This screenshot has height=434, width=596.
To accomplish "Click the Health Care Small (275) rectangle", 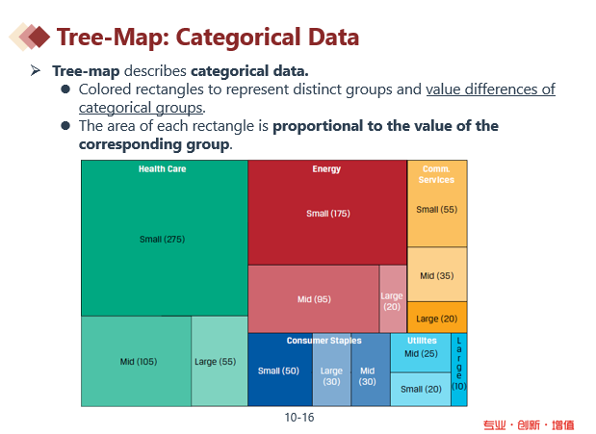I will [x=164, y=239].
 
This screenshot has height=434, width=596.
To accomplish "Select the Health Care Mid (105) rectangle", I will [x=137, y=362].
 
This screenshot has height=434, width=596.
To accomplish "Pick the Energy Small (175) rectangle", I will [x=327, y=214].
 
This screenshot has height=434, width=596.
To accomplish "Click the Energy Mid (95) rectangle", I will [x=314, y=299].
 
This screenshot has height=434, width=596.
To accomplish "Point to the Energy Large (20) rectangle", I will [x=393, y=300].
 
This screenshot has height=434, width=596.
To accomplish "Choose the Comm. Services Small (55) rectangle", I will [x=437, y=210].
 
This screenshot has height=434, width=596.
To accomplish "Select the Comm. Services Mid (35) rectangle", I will [x=437, y=275].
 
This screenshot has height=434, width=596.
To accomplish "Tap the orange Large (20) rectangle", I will [x=437, y=319].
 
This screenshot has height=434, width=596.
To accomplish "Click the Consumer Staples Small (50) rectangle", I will [x=279, y=371].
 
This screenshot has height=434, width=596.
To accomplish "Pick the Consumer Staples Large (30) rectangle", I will [x=331, y=375].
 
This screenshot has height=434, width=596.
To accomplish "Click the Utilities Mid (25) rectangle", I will [x=421, y=354].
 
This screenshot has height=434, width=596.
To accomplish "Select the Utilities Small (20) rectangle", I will [x=421, y=389].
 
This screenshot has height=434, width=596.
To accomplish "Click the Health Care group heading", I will [x=163, y=168].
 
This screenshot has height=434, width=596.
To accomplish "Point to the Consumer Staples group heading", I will [x=324, y=341].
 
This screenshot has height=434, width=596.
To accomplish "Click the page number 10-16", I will [x=299, y=418].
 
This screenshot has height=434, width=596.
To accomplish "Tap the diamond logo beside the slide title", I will [x=30, y=37].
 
